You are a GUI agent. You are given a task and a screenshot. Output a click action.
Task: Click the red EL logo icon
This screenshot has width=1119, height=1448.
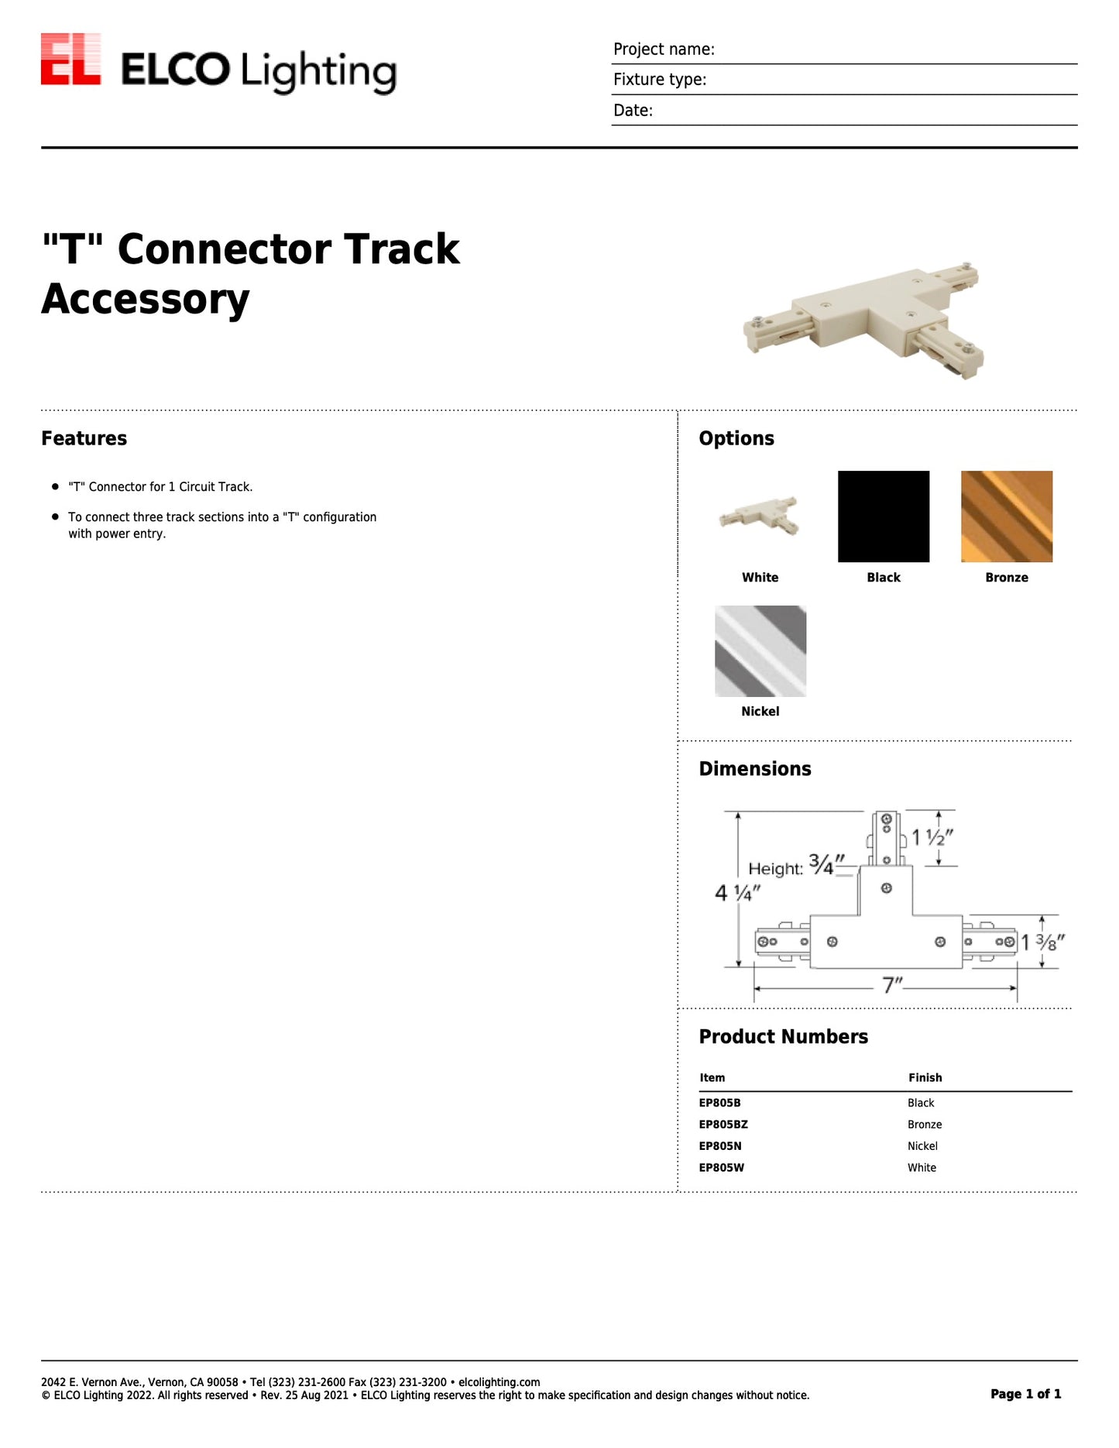click(x=70, y=59)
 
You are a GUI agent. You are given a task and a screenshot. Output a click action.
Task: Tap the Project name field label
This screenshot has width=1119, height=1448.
click(x=664, y=50)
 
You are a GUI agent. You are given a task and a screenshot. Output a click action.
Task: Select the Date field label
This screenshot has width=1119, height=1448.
click(x=633, y=111)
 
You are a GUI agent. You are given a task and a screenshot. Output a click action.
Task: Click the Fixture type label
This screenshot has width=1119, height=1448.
click(x=660, y=80)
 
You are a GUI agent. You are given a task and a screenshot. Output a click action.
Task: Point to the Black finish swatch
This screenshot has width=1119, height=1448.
click(x=883, y=516)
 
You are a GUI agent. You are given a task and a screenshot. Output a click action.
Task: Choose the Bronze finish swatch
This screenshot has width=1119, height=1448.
click(x=1006, y=516)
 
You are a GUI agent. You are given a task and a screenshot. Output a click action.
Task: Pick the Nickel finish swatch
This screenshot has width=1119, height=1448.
click(x=760, y=651)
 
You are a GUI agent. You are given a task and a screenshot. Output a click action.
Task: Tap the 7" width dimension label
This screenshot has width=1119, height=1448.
click(x=892, y=985)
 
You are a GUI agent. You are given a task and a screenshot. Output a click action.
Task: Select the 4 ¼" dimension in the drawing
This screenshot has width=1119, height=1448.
click(x=737, y=893)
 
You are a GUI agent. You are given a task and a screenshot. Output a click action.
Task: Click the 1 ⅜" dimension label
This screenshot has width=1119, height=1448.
click(x=1042, y=942)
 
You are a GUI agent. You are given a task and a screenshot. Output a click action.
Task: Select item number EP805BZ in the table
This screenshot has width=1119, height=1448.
click(x=723, y=1124)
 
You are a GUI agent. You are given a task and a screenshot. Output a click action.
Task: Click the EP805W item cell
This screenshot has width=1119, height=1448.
click(x=721, y=1168)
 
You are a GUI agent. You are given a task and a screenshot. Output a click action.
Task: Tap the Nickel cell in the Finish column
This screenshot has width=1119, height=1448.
click(x=922, y=1146)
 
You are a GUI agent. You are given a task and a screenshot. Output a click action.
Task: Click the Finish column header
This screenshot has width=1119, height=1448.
click(x=925, y=1078)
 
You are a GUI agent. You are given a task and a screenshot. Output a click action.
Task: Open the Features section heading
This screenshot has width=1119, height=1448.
click(x=84, y=438)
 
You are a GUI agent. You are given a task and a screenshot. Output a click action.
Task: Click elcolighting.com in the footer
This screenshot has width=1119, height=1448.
click(x=499, y=1382)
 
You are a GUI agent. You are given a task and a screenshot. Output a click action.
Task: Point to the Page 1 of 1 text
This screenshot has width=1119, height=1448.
click(x=1025, y=1394)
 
